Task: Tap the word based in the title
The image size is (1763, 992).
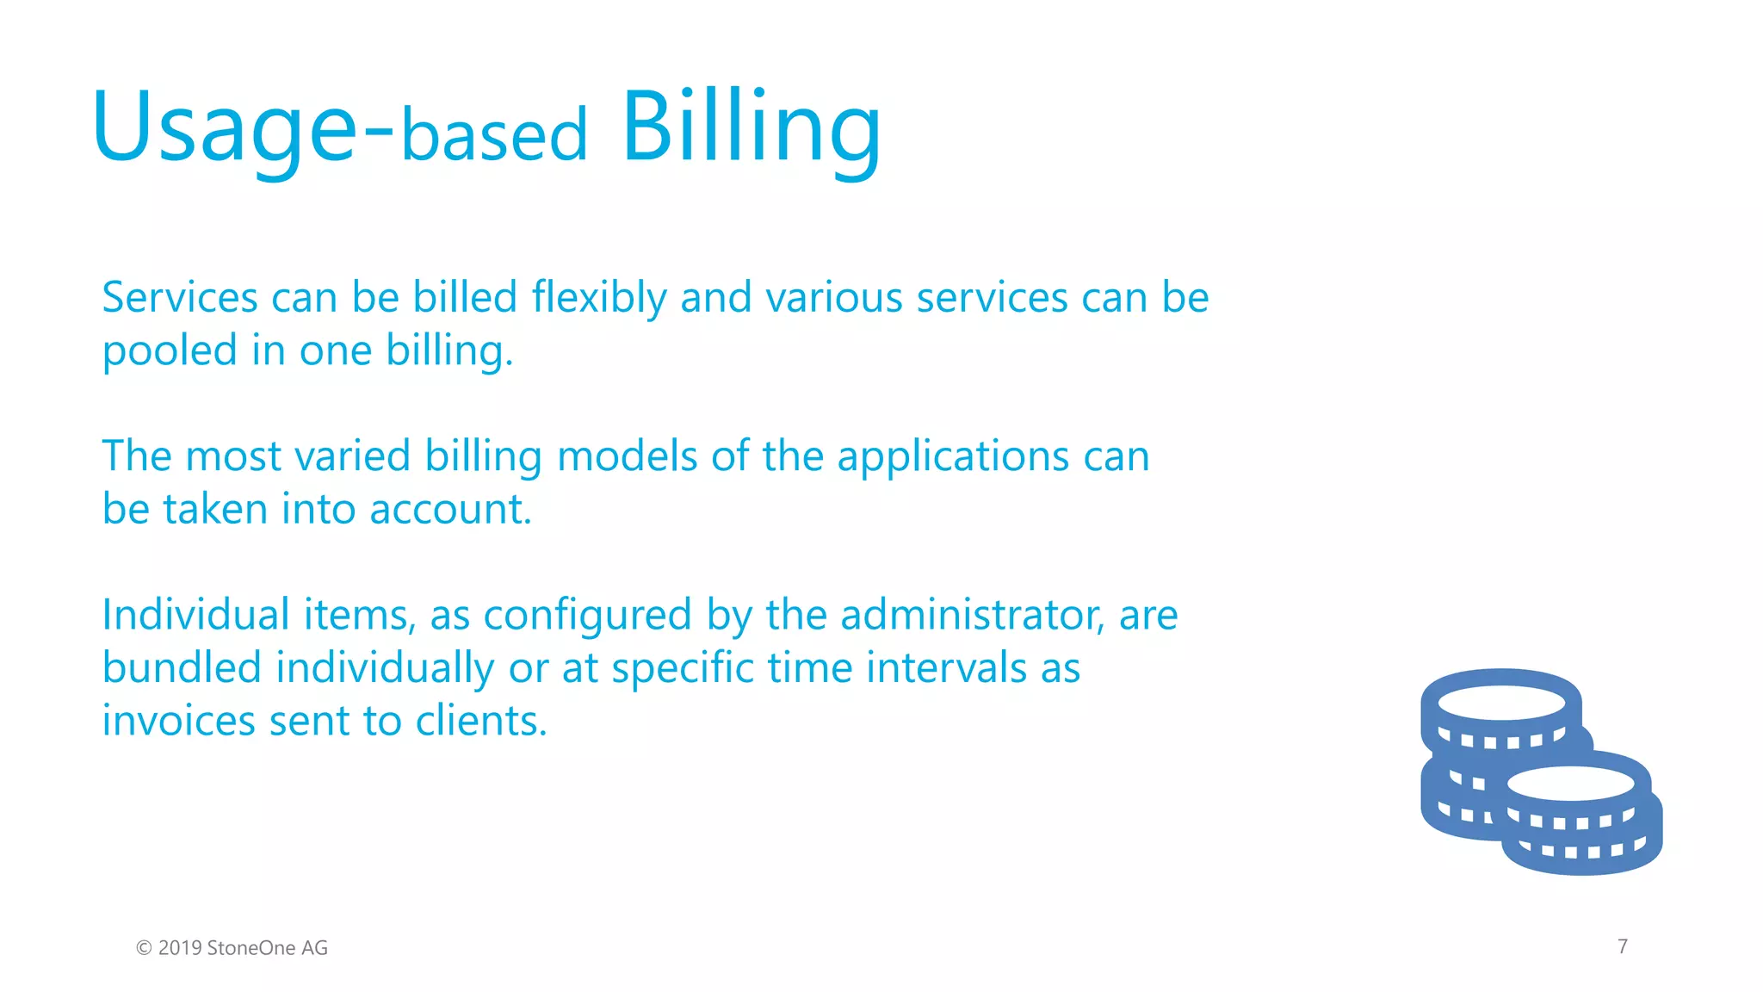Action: pyautogui.click(x=494, y=136)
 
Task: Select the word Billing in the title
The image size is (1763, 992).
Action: pyautogui.click(x=751, y=129)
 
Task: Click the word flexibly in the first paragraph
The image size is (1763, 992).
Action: pyautogui.click(x=598, y=298)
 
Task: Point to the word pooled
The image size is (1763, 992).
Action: pyautogui.click(x=170, y=352)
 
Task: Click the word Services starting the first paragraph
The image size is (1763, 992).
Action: pyautogui.click(x=180, y=298)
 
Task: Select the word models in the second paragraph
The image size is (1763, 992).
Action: pyautogui.click(x=627, y=456)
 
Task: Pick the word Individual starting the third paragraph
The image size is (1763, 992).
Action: pyautogui.click(x=195, y=616)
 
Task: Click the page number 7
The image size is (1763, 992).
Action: pyautogui.click(x=1623, y=946)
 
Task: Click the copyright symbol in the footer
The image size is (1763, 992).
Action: pyautogui.click(x=144, y=948)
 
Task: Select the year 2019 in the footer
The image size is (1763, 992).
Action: pyautogui.click(x=180, y=948)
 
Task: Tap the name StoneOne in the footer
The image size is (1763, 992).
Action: pyautogui.click(x=251, y=948)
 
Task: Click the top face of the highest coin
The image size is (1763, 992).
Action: pyautogui.click(x=1501, y=703)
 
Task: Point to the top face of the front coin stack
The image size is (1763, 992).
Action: pyautogui.click(x=1570, y=784)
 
